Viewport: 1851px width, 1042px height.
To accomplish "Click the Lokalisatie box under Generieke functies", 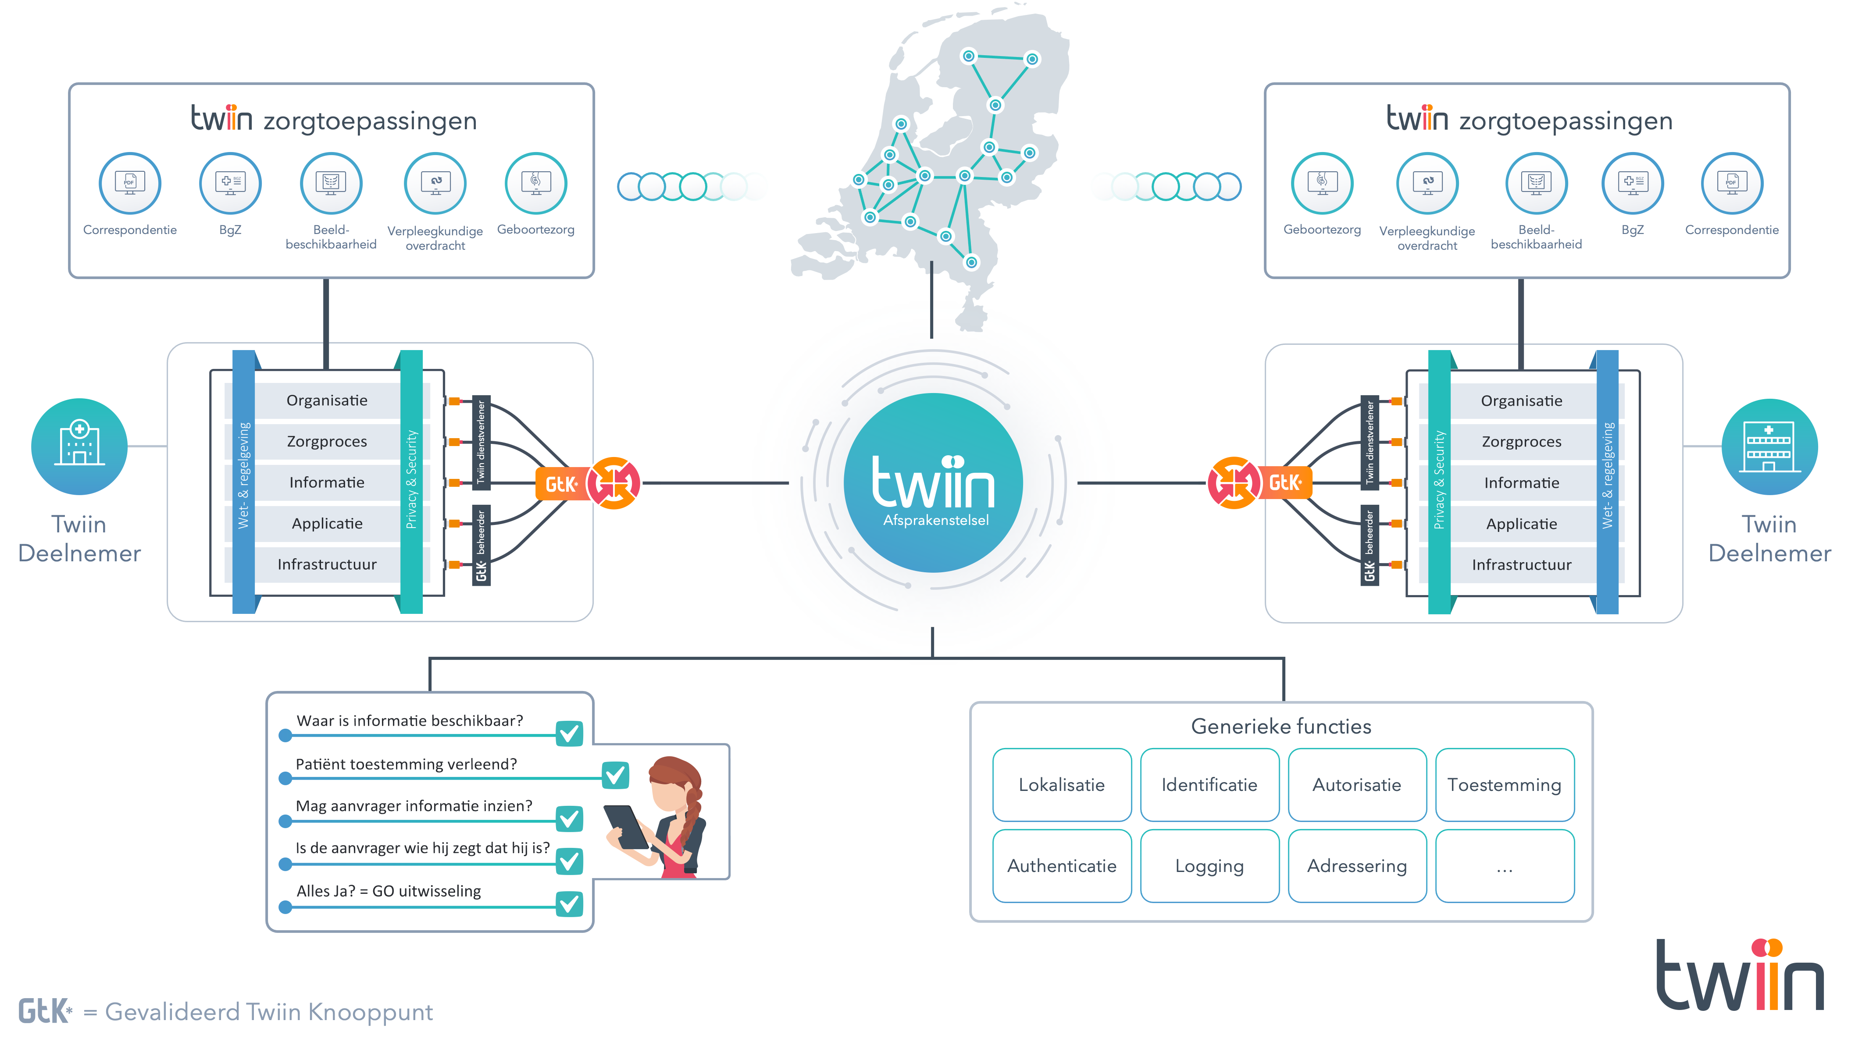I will pos(1061,785).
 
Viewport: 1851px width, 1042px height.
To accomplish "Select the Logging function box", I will pos(1209,866).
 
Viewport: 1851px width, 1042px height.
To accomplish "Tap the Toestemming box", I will pos(1504,785).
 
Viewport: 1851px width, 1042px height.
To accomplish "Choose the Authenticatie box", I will pos(1061,866).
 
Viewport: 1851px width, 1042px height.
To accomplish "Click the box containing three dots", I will pos(1504,866).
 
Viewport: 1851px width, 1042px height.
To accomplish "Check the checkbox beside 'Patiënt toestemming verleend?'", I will pos(615,775).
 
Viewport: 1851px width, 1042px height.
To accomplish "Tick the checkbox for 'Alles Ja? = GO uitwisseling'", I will pos(570,904).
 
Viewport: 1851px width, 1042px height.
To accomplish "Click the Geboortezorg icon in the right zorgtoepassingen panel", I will pos(1321,183).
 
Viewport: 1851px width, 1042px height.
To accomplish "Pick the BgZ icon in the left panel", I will pos(230,183).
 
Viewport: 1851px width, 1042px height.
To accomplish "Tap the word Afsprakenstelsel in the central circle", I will pos(935,520).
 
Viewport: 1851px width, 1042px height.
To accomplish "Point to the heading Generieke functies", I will pos(1281,727).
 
